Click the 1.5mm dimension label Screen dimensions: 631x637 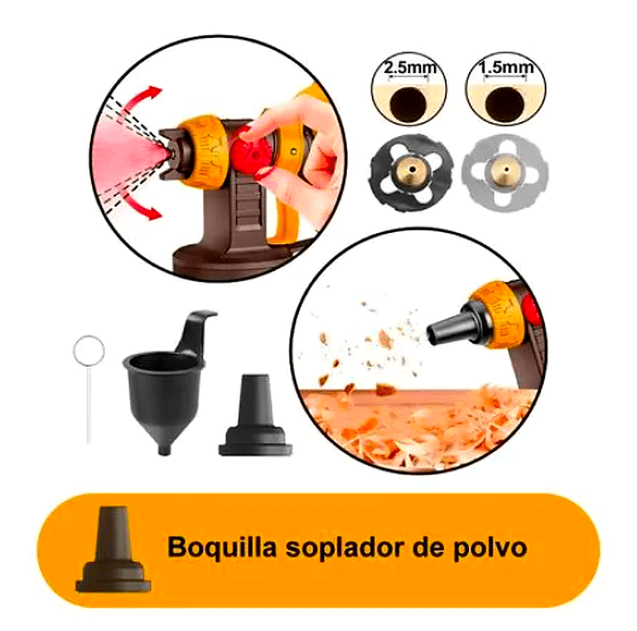[505, 68]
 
